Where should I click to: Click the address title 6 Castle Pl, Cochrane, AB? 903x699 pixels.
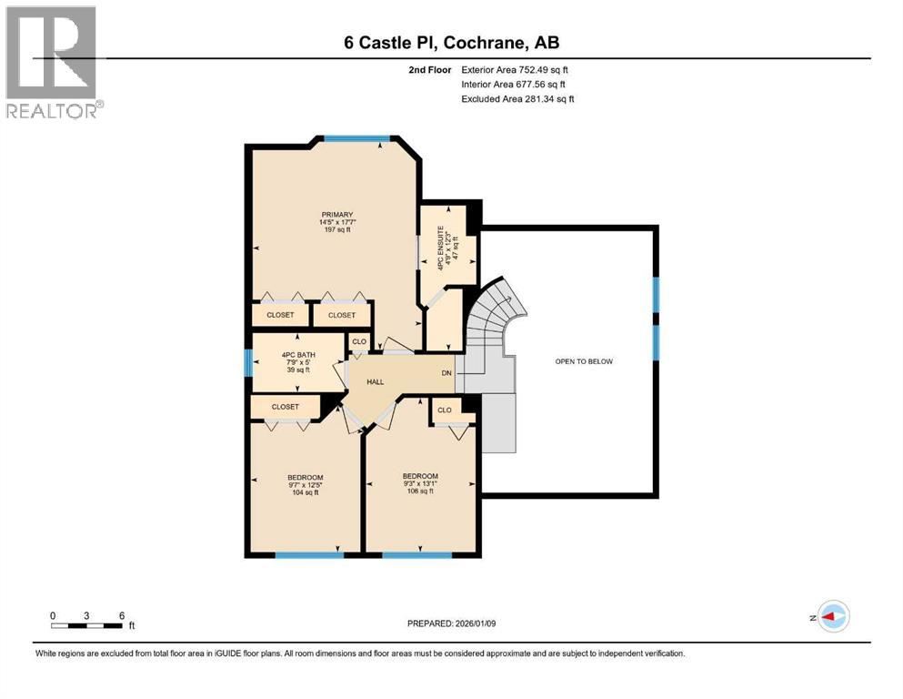pyautogui.click(x=451, y=43)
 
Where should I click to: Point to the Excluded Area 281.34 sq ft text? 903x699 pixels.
pyautogui.click(x=517, y=98)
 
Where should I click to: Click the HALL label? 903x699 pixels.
pyautogui.click(x=375, y=382)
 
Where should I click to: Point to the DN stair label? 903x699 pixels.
pyautogui.click(x=446, y=374)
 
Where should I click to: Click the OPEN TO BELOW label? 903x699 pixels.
pyautogui.click(x=584, y=361)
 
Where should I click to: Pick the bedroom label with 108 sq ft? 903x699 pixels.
pyautogui.click(x=420, y=482)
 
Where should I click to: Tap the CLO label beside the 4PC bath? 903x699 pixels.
pyautogui.click(x=359, y=342)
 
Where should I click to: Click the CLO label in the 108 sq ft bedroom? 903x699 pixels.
pyautogui.click(x=445, y=410)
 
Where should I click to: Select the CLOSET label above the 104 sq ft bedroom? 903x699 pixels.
pyautogui.click(x=285, y=407)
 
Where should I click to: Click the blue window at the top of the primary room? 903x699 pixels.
pyautogui.click(x=357, y=138)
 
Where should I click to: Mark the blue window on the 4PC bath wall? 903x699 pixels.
pyautogui.click(x=247, y=362)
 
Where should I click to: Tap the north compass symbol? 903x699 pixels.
pyautogui.click(x=832, y=616)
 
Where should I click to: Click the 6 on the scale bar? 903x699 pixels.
pyautogui.click(x=121, y=615)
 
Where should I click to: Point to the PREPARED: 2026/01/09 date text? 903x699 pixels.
pyautogui.click(x=451, y=623)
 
